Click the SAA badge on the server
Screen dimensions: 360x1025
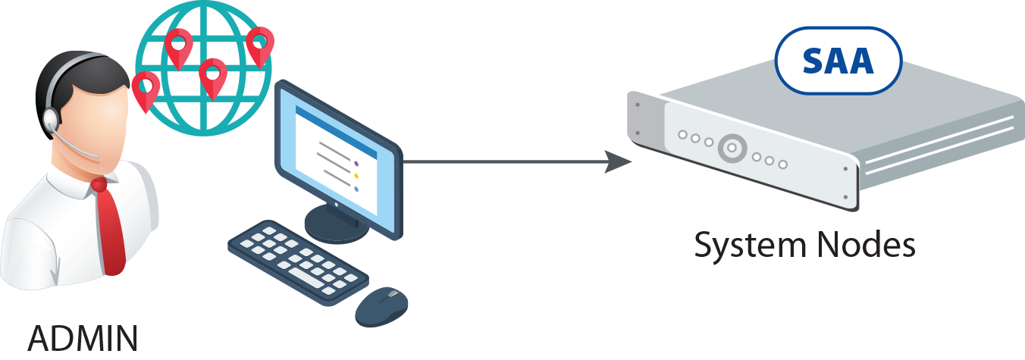pos(838,61)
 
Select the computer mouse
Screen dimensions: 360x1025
pos(381,306)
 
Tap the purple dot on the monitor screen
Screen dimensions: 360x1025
pos(356,162)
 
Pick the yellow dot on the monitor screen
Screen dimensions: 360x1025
pos(356,176)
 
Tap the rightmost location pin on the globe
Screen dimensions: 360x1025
pos(260,45)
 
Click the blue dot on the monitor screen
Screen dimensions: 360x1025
pos(356,189)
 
